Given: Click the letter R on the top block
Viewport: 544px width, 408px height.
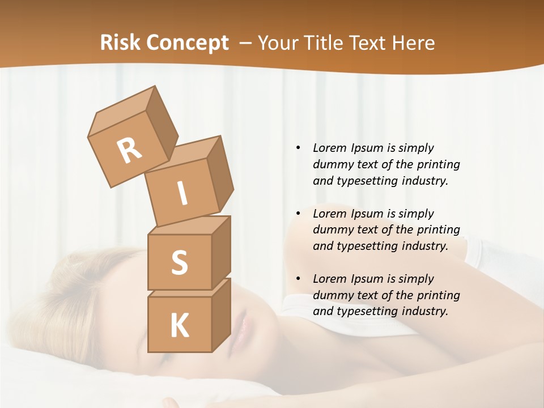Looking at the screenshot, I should pyautogui.click(x=130, y=151).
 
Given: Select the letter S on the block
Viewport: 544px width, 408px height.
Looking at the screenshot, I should pyautogui.click(x=179, y=262).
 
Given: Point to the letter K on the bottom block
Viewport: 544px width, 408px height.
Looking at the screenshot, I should pyautogui.click(x=179, y=326).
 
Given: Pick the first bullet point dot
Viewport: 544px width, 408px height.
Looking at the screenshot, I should pyautogui.click(x=298, y=148).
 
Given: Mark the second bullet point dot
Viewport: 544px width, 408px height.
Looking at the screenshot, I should pyautogui.click(x=298, y=214).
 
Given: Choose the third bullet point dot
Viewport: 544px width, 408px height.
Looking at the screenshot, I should pyautogui.click(x=298, y=279).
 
